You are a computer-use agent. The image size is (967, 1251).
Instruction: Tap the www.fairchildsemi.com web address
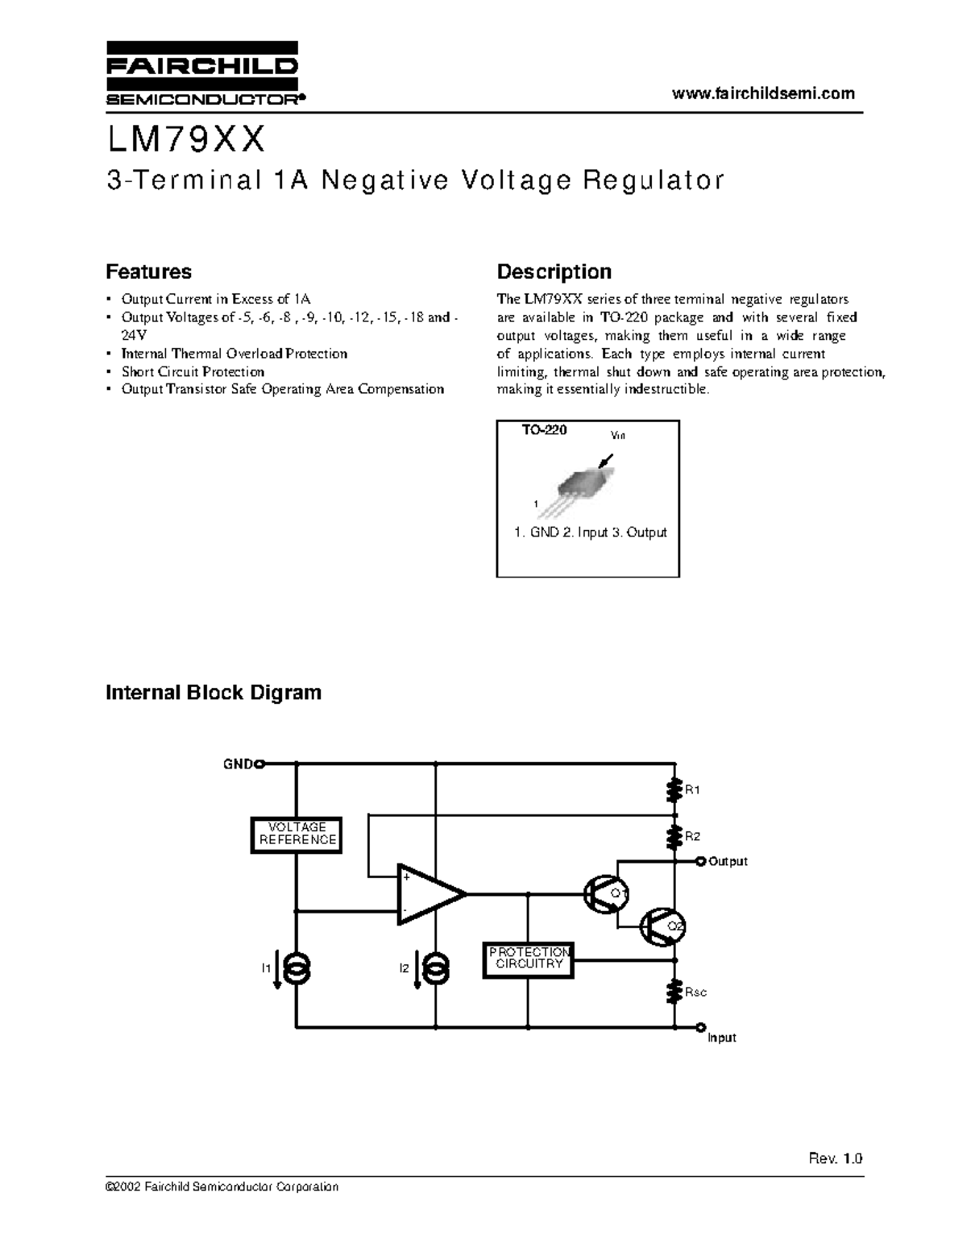point(763,93)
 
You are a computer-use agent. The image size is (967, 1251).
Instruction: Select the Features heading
point(149,271)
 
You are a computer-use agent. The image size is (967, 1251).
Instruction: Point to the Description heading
point(554,271)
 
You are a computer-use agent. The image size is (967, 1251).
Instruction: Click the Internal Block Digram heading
point(214,693)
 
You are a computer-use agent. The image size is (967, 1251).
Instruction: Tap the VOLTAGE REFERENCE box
point(297,834)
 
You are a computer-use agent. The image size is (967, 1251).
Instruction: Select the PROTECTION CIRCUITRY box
point(528,960)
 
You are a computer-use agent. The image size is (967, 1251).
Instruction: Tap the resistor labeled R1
point(674,790)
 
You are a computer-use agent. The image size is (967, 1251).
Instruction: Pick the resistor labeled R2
point(674,837)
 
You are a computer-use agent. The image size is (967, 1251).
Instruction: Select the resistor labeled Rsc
point(674,992)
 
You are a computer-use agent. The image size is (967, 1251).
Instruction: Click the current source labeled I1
point(297,970)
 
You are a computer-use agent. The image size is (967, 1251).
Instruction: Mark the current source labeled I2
point(436,970)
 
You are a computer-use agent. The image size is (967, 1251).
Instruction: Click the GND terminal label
point(238,764)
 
